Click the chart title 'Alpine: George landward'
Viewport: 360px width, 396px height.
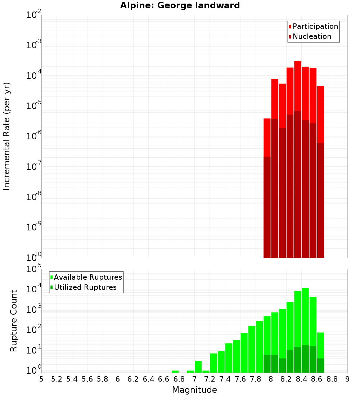tap(180, 5)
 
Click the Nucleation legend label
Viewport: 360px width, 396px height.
tap(312, 36)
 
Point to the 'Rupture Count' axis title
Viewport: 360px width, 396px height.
tap(14, 320)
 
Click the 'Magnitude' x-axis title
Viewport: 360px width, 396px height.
tap(194, 390)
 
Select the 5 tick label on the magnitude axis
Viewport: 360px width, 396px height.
tap(41, 379)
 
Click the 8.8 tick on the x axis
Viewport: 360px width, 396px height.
tap(332, 379)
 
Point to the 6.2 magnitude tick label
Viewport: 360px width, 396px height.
tap(133, 379)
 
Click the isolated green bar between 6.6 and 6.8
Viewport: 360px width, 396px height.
tap(175, 372)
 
